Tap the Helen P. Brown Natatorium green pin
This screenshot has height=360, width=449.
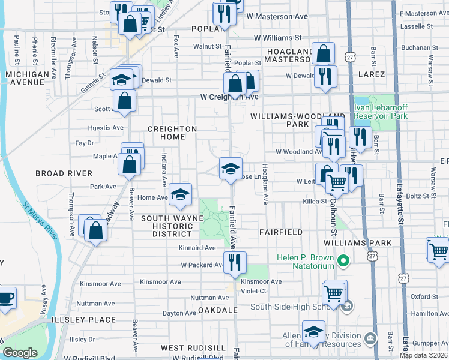pos(343,261)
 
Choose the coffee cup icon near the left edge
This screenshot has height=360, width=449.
pos(6,298)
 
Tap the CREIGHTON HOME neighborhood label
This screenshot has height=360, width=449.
pos(172,133)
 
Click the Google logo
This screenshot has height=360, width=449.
pos(20,353)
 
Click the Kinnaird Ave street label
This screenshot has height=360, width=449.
pos(197,248)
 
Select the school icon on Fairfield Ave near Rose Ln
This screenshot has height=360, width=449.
pos(231,168)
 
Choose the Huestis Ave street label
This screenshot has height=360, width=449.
pos(105,128)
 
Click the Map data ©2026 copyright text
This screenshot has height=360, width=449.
pos(423,355)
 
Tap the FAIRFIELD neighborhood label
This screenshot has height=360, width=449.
pos(280,232)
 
